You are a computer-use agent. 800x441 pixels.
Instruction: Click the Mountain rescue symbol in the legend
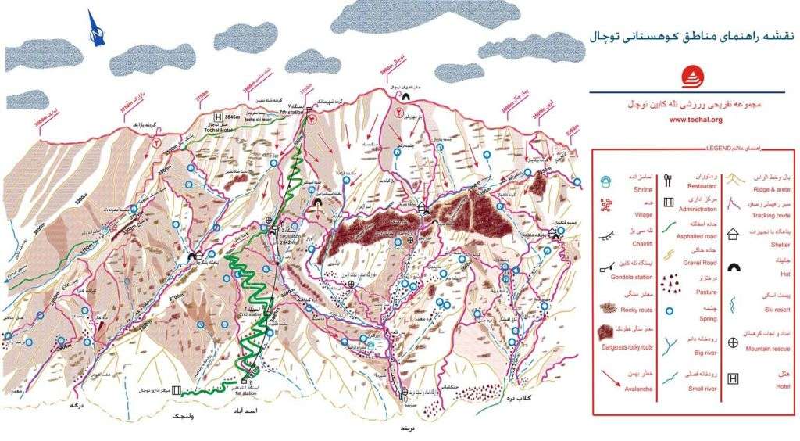[x=734, y=342]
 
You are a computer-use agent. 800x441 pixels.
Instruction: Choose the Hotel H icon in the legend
[x=734, y=379]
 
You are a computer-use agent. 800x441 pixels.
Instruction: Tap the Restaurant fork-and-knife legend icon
[x=669, y=181]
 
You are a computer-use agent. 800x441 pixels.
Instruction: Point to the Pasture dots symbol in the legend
[x=670, y=284]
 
